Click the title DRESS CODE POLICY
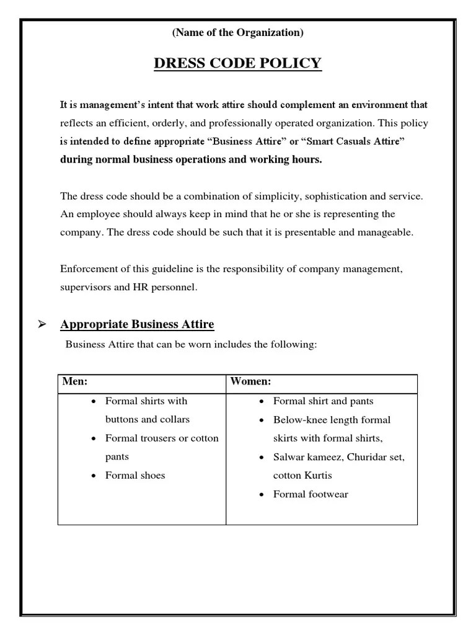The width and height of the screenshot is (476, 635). point(238,63)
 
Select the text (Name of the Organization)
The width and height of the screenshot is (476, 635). point(238,33)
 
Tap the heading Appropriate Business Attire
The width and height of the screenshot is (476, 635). point(137,324)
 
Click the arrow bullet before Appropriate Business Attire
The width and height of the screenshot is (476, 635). point(43,324)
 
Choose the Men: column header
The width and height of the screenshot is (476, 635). point(75,381)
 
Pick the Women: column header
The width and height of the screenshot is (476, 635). point(250,381)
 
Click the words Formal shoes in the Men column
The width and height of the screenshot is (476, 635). point(135,476)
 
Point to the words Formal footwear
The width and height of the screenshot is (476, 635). point(311,494)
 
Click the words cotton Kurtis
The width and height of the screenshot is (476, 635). point(302,476)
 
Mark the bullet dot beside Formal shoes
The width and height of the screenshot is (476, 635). point(93,476)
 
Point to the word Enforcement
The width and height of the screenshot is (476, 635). point(89,269)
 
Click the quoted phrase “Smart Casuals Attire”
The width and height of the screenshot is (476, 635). point(354,142)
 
